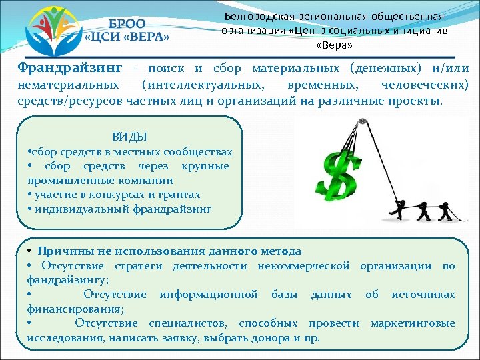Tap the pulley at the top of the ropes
click(362, 123)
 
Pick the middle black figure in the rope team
click(423, 207)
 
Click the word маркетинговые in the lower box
click(413, 323)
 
